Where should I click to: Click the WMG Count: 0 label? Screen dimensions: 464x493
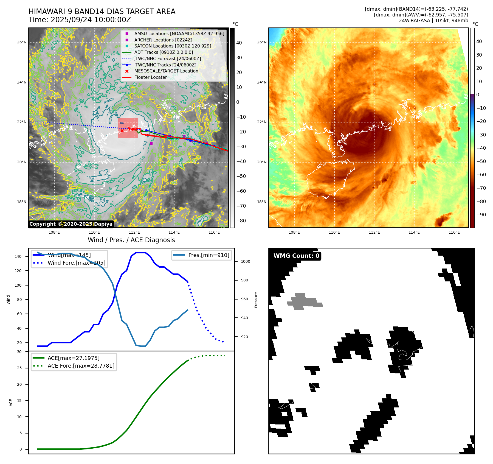pos(296,256)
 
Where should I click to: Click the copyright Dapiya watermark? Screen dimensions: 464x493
pos(71,224)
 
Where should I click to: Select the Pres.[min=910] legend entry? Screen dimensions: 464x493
pos(209,255)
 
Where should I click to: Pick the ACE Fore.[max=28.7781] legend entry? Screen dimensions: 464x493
pos(81,366)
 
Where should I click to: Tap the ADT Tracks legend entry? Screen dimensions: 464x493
pos(164,52)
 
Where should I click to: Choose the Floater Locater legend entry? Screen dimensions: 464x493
pos(150,77)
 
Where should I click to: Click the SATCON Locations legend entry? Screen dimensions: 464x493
pos(173,46)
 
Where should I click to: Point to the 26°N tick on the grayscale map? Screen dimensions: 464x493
pos(22,42)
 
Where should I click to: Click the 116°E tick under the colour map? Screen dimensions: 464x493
pos(454,232)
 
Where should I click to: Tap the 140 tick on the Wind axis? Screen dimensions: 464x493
pos(18,256)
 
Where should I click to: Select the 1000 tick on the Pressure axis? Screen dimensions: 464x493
pos(245,261)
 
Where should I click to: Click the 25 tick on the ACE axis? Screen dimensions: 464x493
pos(19,368)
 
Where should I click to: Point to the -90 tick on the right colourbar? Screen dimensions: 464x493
pos(481,215)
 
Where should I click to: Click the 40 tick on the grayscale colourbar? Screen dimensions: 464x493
pos(239,43)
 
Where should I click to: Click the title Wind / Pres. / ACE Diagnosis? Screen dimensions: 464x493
pos(131,240)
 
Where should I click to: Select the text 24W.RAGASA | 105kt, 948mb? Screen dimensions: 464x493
pos(433,21)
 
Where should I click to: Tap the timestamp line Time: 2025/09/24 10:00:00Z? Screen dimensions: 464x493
pos(80,20)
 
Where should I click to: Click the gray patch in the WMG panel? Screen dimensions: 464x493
pos(303,302)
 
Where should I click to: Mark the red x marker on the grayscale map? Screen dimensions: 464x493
pos(122,131)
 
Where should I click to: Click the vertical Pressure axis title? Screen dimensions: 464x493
pos(256,300)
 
